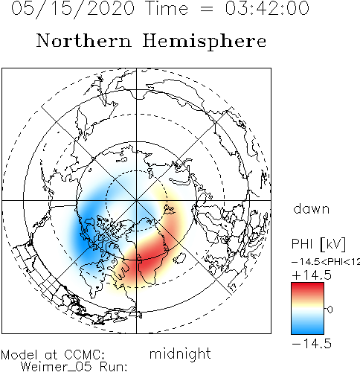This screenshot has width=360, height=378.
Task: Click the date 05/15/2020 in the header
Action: tap(73, 9)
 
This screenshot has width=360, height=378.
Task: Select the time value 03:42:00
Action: tap(267, 8)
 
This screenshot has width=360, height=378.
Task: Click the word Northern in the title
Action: tap(84, 40)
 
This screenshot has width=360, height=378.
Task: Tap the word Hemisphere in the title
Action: tap(205, 42)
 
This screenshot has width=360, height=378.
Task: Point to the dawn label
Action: tap(312, 209)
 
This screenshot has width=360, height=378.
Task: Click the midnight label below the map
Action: tap(180, 353)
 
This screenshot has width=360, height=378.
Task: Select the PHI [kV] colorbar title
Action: tap(318, 244)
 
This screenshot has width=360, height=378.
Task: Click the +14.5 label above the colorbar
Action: tap(312, 275)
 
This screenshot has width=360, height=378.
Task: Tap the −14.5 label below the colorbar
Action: tap(312, 344)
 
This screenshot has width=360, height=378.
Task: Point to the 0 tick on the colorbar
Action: tap(330, 310)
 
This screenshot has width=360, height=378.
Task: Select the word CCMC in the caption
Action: tap(85, 355)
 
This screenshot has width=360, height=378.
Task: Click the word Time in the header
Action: tap(167, 8)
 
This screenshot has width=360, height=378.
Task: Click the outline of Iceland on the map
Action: tap(179, 259)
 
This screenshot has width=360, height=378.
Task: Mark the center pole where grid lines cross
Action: tap(136, 200)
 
